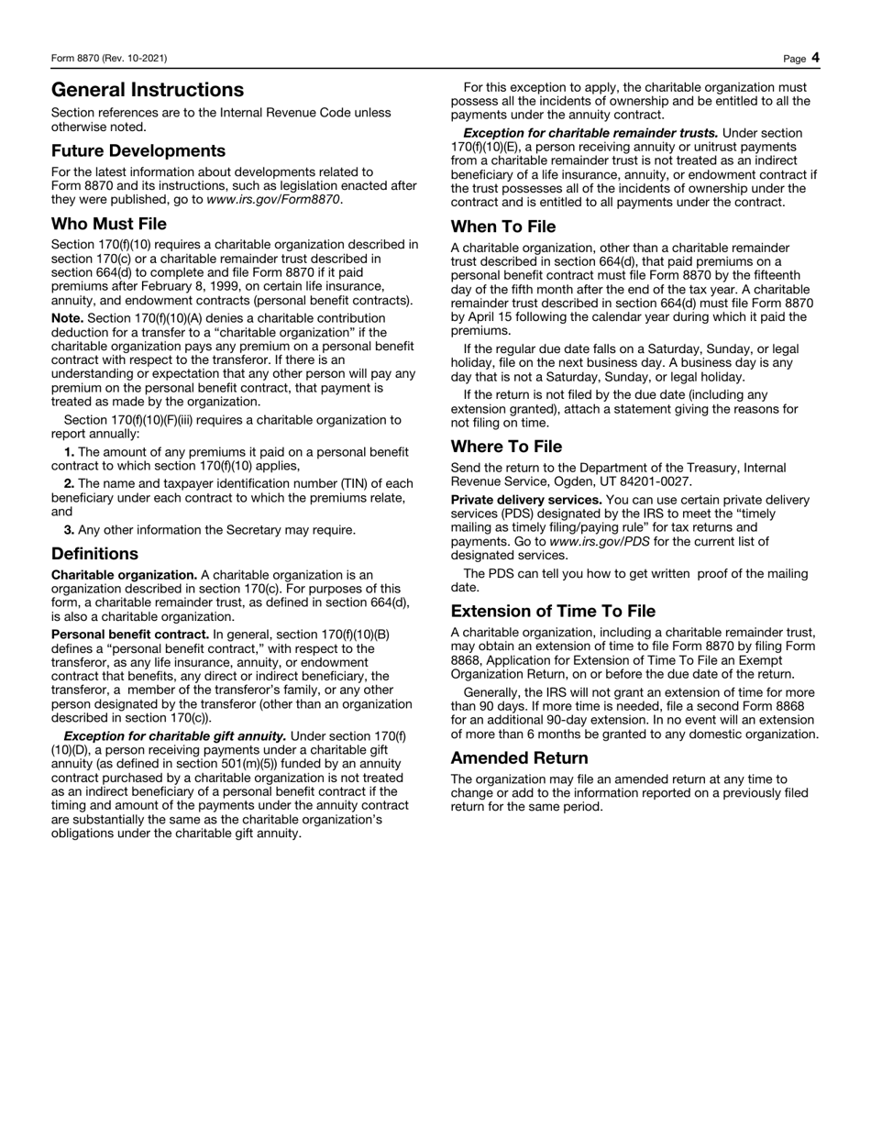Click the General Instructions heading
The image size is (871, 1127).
pos(148,90)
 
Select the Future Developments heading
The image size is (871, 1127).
pos(138,150)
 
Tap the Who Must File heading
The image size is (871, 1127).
pos(109,224)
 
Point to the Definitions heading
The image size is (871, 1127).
pos(95,554)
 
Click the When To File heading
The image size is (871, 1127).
pos(503,227)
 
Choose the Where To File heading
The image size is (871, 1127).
pos(507,447)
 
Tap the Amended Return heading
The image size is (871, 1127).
pos(520,758)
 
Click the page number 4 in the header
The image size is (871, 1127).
pos(815,58)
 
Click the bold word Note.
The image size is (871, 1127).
pos(68,318)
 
